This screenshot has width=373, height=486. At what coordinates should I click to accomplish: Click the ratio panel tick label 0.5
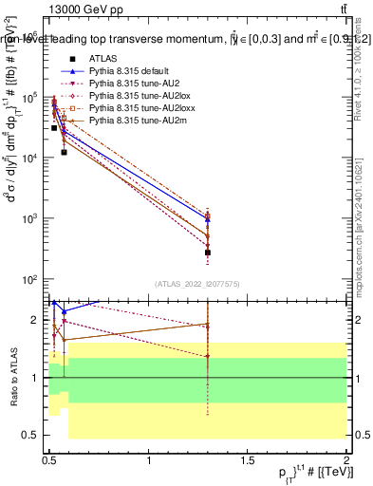[32, 434]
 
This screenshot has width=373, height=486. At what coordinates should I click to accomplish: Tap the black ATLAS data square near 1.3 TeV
[208, 252]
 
